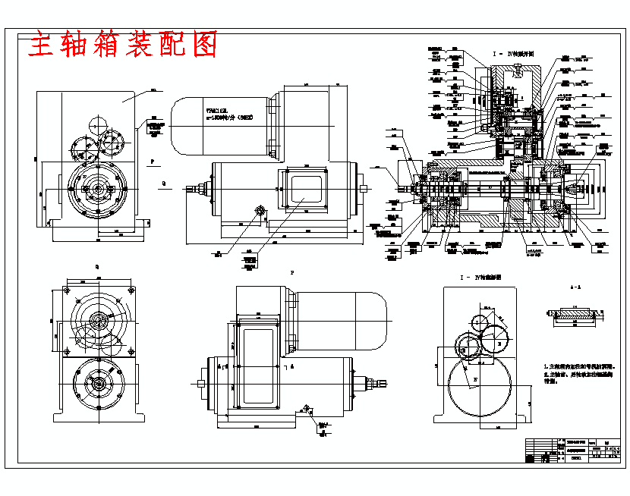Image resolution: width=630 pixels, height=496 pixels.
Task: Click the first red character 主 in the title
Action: [43, 46]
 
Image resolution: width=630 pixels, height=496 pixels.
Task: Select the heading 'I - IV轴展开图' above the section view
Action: [514, 55]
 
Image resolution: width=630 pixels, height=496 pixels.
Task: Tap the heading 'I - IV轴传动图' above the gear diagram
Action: [480, 278]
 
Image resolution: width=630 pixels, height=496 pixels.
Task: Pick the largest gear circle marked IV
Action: [480, 388]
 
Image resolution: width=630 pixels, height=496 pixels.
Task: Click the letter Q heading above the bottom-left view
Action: [96, 267]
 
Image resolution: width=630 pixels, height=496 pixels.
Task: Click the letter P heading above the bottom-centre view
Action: [292, 272]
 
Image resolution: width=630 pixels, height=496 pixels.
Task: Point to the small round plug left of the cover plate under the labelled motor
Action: [260, 210]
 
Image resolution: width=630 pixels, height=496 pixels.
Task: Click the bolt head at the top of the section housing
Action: [515, 71]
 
